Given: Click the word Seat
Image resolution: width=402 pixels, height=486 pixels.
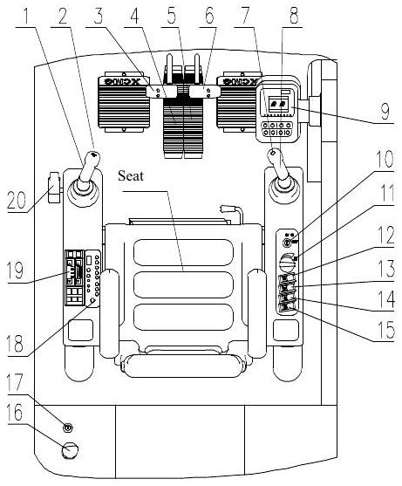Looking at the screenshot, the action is (131, 175).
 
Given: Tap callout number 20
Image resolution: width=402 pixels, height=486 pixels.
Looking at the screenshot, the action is (17, 200).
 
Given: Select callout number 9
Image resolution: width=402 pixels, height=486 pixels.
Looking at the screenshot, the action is (385, 111).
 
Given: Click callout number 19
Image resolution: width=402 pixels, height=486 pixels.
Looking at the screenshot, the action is (16, 270).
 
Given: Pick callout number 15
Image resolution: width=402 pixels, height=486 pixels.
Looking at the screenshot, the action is (385, 329).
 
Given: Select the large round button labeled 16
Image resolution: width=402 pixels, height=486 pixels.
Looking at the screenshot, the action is (70, 450).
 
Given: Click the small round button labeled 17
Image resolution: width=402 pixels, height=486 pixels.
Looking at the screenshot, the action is (68, 428).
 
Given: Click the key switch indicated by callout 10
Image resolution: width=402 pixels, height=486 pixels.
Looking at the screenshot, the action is (287, 243).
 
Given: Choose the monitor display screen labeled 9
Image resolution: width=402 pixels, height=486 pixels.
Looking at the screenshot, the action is (278, 104).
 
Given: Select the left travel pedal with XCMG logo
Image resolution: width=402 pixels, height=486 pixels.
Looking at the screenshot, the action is (124, 103).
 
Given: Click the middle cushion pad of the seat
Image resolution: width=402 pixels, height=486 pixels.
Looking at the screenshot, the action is (184, 284).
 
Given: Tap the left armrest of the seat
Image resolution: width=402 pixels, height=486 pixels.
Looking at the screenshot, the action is (110, 313).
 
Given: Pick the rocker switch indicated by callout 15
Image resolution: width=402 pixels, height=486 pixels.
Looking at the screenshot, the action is (287, 308).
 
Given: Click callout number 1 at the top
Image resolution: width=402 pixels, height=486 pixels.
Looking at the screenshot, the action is (26, 17).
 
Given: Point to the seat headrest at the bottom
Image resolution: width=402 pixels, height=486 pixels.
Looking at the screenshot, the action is (183, 366).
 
